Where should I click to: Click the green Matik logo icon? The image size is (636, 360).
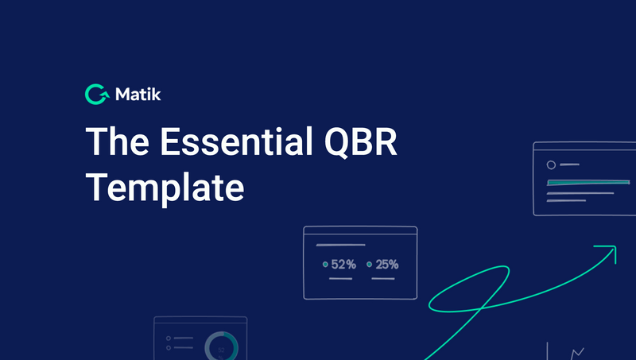pos(96,95)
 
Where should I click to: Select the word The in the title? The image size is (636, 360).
pos(116,143)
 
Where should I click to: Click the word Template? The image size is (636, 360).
pos(165,188)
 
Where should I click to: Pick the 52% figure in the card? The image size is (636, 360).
pos(343,265)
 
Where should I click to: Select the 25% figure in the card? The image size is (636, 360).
pos(387,265)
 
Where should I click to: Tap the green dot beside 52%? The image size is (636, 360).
pos(325,265)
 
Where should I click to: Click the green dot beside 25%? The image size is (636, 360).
pos(369,265)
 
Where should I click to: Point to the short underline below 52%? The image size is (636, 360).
pos(340,279)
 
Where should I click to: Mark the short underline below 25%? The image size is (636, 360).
pos(383,279)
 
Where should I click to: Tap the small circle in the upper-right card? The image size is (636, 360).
pos(551,165)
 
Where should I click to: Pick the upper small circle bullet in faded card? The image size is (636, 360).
pos(169,339)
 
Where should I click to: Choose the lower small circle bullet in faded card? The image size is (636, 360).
pos(169,348)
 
